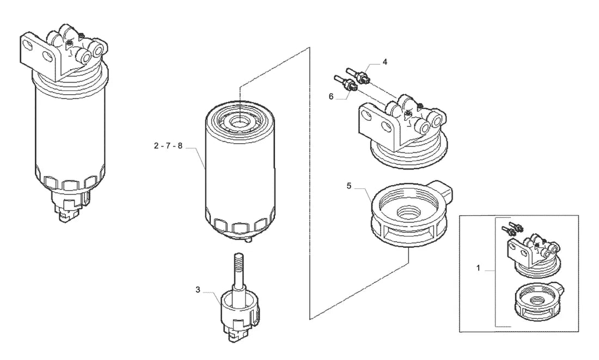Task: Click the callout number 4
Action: point(384,62)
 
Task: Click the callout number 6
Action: point(331,97)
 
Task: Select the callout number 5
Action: point(349,186)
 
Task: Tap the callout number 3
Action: point(198,290)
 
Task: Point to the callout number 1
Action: point(478,269)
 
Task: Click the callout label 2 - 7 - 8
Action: point(168,145)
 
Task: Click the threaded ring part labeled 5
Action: point(411,214)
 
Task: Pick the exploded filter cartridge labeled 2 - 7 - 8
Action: point(240,171)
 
